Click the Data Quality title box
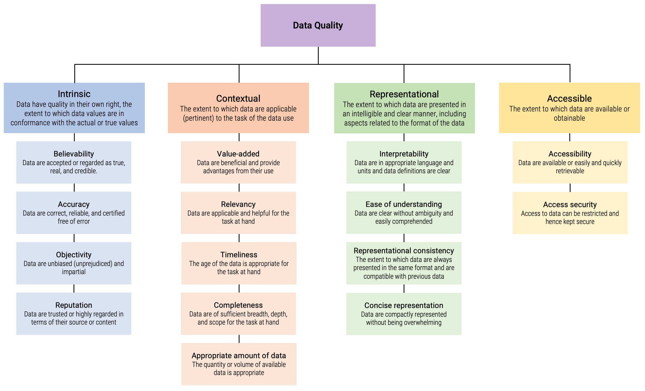[x=318, y=25]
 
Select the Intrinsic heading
[x=74, y=94]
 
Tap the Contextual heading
[x=238, y=98]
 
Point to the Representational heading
[x=404, y=94]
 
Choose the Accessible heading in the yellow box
[x=569, y=98]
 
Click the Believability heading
[x=74, y=154]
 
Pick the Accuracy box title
[x=74, y=204]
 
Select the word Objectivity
[x=74, y=255]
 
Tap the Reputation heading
[x=74, y=305]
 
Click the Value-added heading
[x=238, y=154]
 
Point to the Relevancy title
[x=238, y=204]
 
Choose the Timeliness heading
[x=239, y=255]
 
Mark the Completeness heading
[x=238, y=305]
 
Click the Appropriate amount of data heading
[x=239, y=355]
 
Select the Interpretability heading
[x=404, y=154]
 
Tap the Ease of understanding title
[x=404, y=204]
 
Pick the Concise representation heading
[x=404, y=305]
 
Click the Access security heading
[x=570, y=204]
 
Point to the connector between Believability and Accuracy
[x=74, y=188]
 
